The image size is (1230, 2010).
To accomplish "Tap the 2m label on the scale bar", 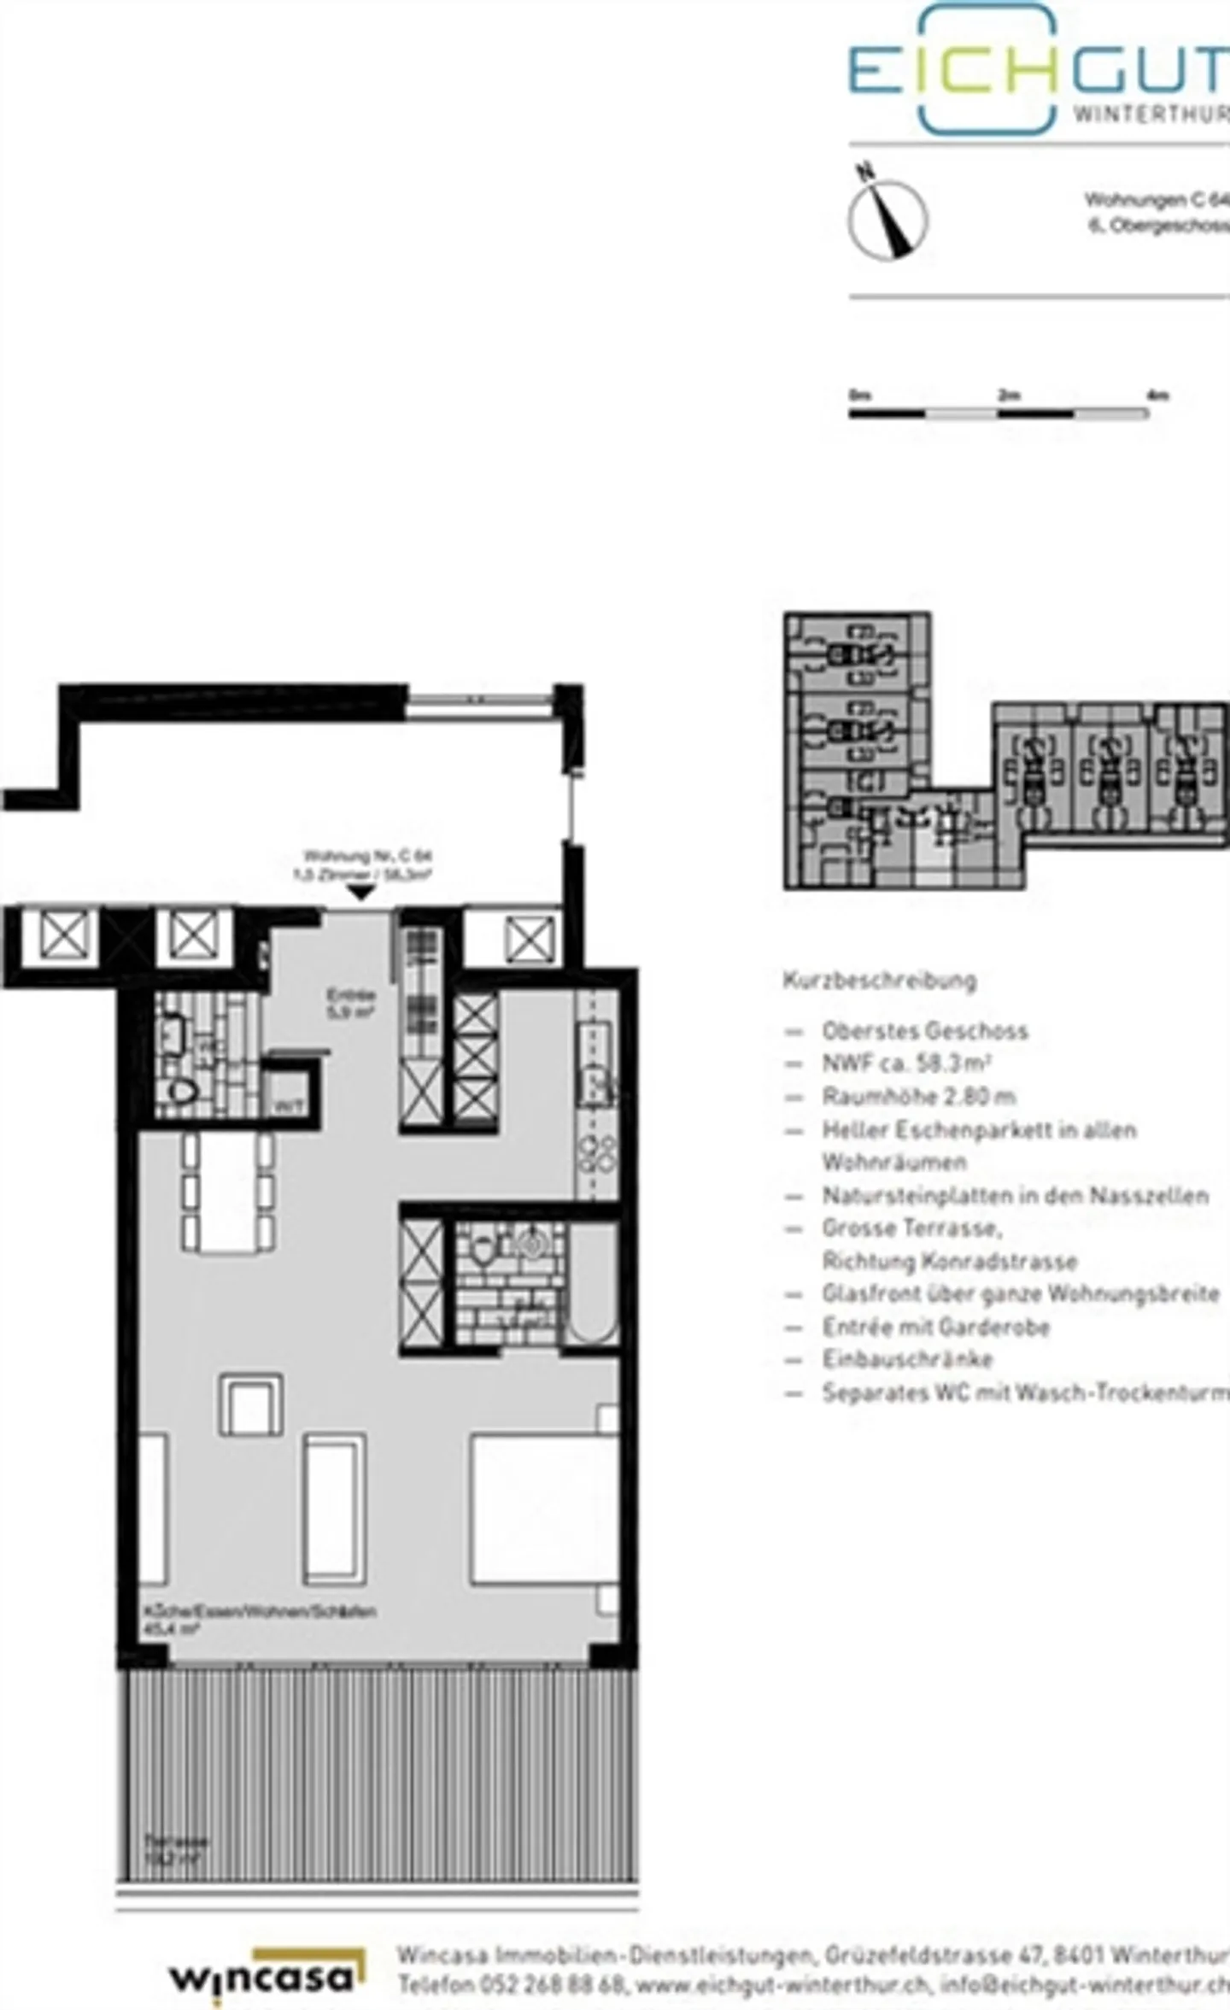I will tap(1009, 396).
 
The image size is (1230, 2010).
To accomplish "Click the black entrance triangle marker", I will tap(361, 892).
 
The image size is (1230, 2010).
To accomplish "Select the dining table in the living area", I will tap(228, 1193).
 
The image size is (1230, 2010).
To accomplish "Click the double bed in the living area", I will tap(544, 1509).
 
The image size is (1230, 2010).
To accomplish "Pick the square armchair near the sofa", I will tap(251, 1404).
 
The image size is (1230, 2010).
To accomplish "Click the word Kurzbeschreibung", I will tap(879, 980).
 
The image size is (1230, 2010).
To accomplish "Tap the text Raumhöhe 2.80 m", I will tap(918, 1096).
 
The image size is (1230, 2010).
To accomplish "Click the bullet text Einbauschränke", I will tap(907, 1359).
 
